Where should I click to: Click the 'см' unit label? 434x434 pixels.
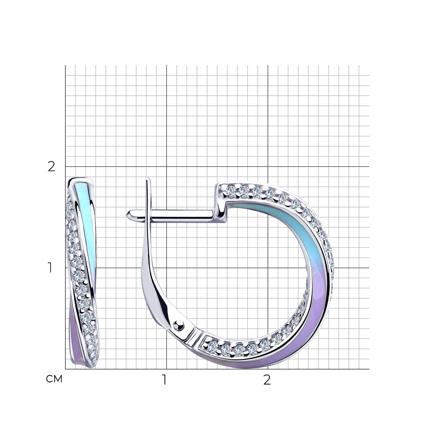click(54, 379)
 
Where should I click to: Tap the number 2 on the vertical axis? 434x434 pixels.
click(52, 167)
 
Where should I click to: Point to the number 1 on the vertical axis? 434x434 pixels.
click(50, 268)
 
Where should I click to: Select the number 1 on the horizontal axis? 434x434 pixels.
click(164, 380)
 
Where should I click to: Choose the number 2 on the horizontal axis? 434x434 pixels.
click(267, 380)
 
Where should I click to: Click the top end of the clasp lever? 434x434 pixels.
click(148, 179)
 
